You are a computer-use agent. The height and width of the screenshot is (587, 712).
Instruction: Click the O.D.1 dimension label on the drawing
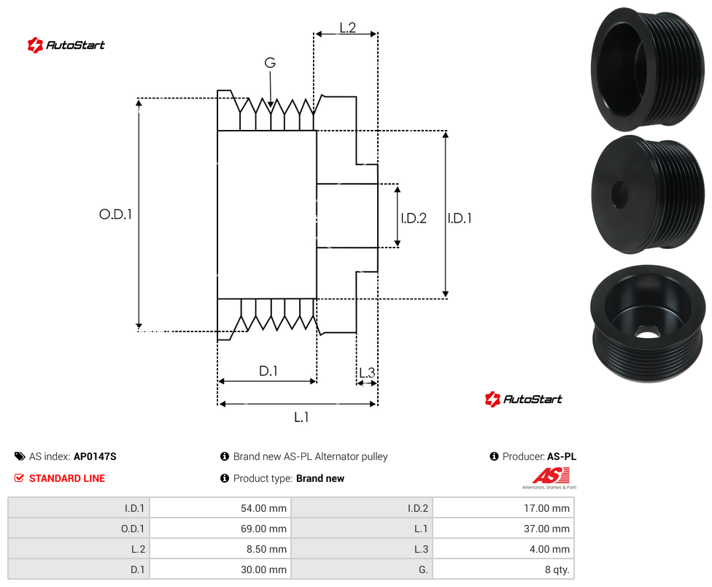point(115,214)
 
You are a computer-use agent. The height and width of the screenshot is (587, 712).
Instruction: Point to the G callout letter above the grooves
point(270,63)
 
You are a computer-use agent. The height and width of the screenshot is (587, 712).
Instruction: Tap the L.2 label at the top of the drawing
point(347,28)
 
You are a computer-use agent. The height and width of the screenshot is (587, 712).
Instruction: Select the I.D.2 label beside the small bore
point(414,218)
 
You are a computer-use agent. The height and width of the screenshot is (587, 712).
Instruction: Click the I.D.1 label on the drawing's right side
point(460,218)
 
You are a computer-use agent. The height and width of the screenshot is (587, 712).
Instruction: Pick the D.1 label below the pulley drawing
point(268,371)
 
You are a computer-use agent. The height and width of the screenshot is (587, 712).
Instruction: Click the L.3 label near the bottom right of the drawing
point(367,372)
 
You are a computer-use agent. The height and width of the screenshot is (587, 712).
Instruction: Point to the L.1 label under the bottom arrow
point(301,417)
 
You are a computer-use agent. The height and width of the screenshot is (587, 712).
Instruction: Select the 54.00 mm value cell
point(220,508)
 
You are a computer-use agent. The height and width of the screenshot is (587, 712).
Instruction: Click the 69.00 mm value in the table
point(220,529)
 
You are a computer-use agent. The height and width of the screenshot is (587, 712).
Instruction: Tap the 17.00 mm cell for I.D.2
point(503,508)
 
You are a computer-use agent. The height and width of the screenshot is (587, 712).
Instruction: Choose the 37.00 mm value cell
point(503,529)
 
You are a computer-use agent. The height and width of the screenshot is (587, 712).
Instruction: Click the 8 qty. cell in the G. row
point(503,569)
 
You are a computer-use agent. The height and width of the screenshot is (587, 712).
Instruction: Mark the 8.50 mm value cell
point(220,549)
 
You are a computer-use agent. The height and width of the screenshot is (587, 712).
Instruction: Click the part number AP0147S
point(95,456)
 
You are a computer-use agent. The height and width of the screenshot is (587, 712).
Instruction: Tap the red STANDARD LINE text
point(67,478)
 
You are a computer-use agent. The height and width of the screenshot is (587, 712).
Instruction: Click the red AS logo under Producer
point(550,477)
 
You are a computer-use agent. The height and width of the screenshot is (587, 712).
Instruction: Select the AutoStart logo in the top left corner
point(66,45)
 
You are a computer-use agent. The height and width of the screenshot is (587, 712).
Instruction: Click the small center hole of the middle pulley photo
point(619,194)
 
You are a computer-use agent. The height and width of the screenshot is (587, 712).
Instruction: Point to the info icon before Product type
point(224,478)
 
